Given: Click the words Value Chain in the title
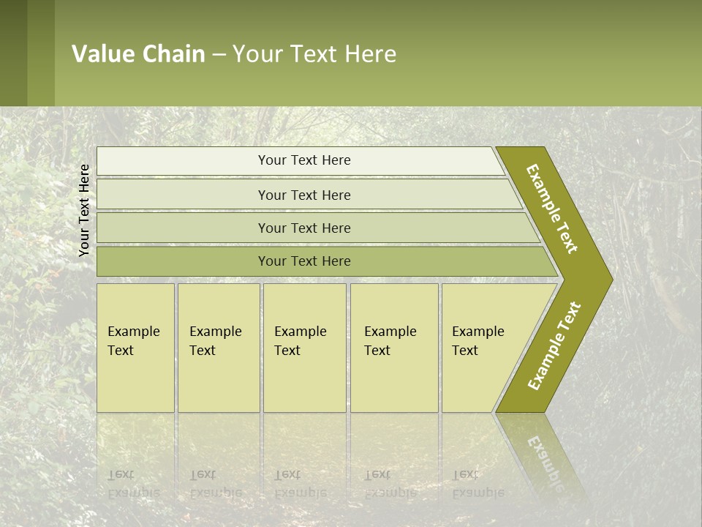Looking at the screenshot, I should (138, 54).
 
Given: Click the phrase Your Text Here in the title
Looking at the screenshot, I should (314, 54).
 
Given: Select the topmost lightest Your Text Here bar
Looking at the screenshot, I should (303, 160).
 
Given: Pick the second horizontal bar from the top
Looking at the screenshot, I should (303, 195).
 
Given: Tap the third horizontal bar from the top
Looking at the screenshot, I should (303, 228).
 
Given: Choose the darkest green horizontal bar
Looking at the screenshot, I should (303, 261).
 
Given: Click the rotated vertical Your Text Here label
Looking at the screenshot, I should (84, 210).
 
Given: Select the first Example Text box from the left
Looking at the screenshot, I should (135, 348).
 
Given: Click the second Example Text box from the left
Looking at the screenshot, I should (218, 348).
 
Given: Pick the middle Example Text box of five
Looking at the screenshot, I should (304, 348).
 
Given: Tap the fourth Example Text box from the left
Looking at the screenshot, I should (393, 348).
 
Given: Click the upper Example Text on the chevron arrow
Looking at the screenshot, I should (552, 209).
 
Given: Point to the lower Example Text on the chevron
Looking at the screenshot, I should (554, 345).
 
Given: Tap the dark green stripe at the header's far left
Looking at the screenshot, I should (13, 53).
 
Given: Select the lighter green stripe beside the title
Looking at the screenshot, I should (41, 53).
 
